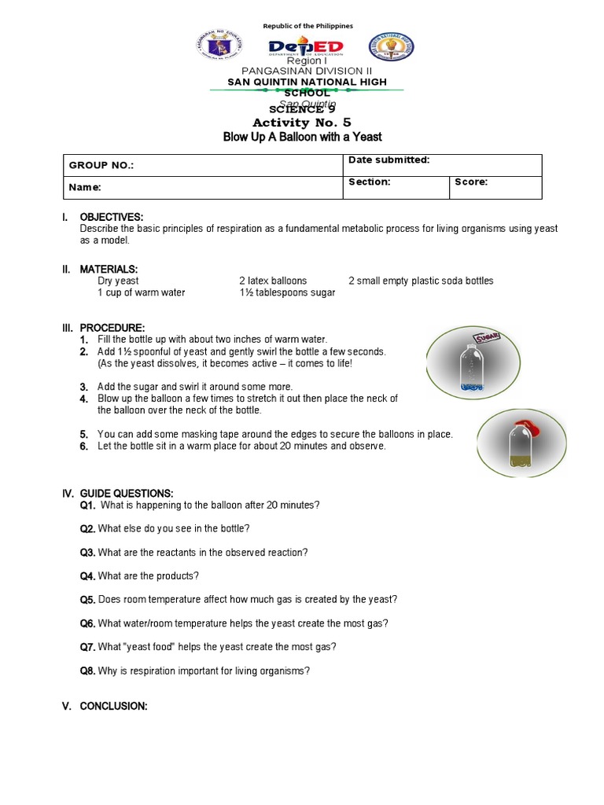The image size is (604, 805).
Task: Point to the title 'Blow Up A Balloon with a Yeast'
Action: click(303, 137)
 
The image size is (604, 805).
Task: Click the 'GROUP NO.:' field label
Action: click(101, 166)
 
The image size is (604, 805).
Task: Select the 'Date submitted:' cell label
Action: click(389, 160)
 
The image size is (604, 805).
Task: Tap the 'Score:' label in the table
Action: click(471, 182)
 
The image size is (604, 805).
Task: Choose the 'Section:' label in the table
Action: click(370, 182)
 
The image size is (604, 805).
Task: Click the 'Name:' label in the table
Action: click(85, 188)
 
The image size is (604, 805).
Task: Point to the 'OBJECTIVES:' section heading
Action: click(112, 217)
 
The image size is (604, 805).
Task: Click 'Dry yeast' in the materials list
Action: click(118, 281)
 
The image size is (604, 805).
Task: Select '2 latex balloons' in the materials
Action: click(273, 281)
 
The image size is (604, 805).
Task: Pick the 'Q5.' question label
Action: click(87, 600)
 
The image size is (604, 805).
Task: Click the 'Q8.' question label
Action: click(87, 671)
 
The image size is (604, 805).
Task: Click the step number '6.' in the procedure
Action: click(83, 446)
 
